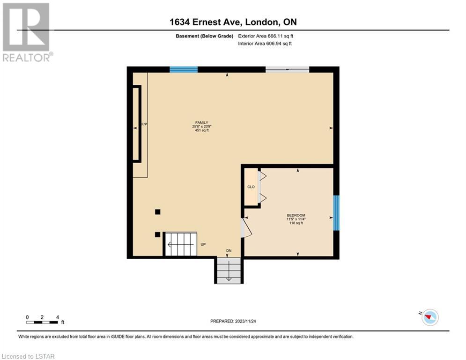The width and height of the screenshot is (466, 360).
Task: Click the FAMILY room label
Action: (201, 122)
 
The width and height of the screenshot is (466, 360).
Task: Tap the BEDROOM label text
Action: (296, 215)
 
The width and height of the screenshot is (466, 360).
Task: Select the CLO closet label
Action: (251, 187)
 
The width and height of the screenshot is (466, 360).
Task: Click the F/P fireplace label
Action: (144, 124)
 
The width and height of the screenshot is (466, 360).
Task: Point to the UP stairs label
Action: (203, 244)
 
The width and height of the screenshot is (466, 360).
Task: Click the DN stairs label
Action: (229, 250)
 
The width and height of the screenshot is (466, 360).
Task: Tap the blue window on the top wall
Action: (184, 70)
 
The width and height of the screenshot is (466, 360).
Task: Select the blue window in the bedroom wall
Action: (336, 213)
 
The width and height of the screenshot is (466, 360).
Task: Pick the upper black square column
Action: (157, 212)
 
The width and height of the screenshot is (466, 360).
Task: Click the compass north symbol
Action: (430, 317)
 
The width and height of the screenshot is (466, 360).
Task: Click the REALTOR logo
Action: (27, 32)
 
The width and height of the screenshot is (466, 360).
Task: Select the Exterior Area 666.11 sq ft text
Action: (266, 36)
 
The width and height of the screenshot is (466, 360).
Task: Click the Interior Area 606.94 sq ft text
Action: (265, 44)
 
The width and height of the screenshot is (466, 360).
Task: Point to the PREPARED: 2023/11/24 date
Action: (233, 321)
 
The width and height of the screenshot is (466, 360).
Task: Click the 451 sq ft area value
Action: (202, 130)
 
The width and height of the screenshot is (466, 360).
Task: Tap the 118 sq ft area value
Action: (296, 223)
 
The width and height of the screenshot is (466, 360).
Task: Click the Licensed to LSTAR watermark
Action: (28, 356)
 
